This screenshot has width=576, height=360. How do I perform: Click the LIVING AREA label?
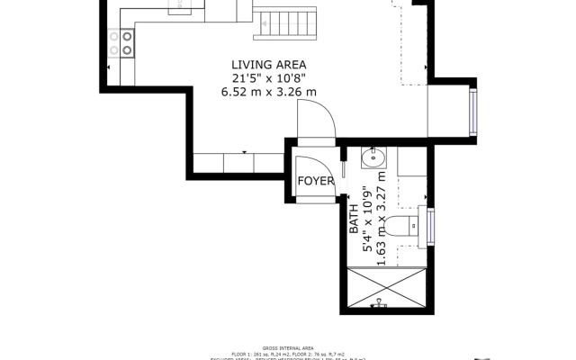tap(268, 65)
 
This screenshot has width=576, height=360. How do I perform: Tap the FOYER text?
tap(316, 181)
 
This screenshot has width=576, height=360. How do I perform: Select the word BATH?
tap(354, 219)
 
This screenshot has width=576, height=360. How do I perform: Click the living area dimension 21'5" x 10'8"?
tap(268, 78)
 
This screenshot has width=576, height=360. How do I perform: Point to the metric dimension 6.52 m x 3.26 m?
tap(268, 92)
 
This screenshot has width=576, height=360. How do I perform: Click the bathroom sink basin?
tap(373, 160)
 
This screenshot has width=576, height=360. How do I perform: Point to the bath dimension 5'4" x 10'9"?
tap(367, 219)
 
